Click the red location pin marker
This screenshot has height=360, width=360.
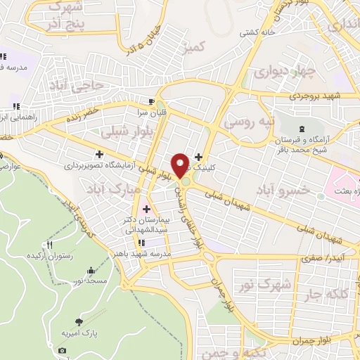pos(181,164)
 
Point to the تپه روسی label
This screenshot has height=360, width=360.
pos(247,122)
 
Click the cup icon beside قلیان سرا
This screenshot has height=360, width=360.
pos(150,101)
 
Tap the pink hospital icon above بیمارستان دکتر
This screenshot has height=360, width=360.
pos(146,208)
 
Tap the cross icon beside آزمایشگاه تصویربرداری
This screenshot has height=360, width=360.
pos(99,153)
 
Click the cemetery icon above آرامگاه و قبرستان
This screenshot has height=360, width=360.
pos(302,129)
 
